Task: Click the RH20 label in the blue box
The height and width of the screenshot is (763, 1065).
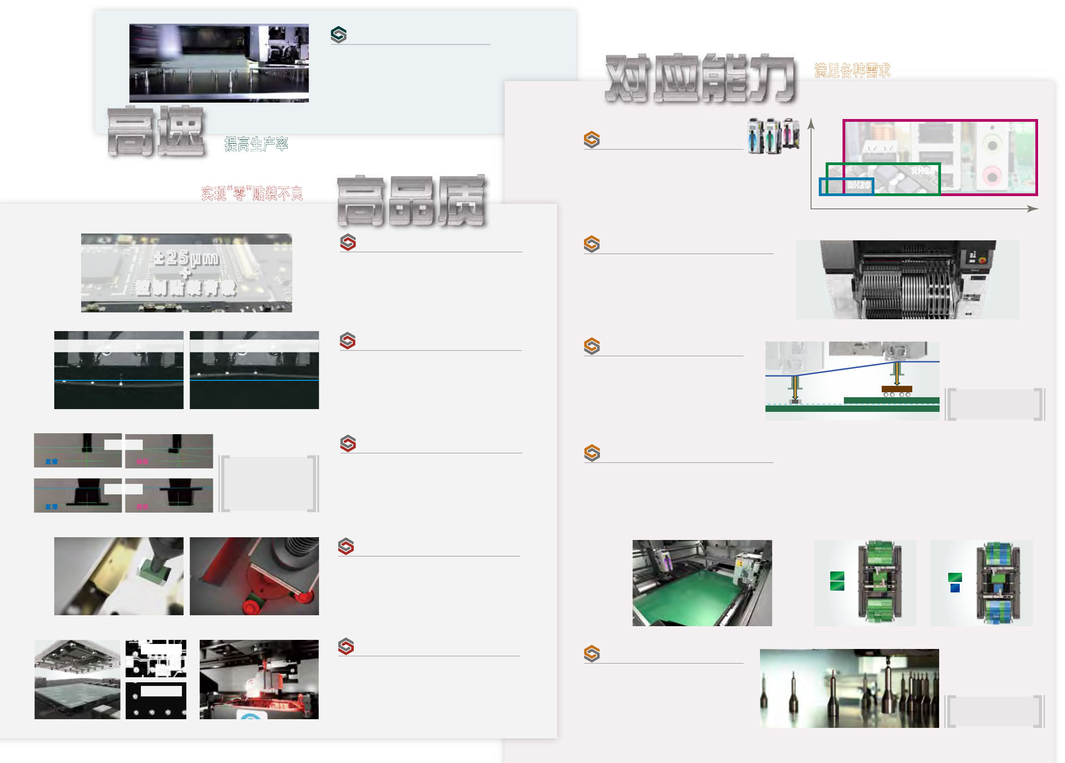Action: point(858,185)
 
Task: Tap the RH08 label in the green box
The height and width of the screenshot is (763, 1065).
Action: point(922,171)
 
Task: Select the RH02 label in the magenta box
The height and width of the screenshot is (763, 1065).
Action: point(1018,128)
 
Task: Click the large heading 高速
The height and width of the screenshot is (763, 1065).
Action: point(156,131)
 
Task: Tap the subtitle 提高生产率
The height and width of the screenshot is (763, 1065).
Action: point(256,144)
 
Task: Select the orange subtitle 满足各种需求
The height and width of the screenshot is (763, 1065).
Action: point(852,71)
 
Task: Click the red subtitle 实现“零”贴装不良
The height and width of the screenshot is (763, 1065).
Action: point(252,193)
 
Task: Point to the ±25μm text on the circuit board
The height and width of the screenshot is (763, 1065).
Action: point(186,258)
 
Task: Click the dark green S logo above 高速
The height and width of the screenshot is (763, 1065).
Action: point(339,35)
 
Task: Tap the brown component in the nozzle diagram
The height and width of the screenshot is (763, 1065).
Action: point(896,389)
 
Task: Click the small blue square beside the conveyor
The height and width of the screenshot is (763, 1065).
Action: point(955,588)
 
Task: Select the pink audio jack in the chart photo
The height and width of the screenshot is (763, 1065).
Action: point(992,176)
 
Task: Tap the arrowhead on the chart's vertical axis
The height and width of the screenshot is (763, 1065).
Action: point(811,123)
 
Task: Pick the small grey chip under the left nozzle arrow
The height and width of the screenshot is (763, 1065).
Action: point(795,401)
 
